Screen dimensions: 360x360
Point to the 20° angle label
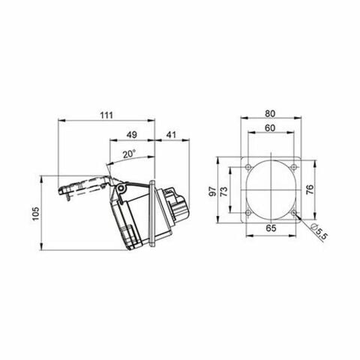tap(129, 153)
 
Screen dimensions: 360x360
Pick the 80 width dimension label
tap(269, 114)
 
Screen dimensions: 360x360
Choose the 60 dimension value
tap(269, 128)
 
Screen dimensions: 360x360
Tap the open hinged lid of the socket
tap(82, 184)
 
